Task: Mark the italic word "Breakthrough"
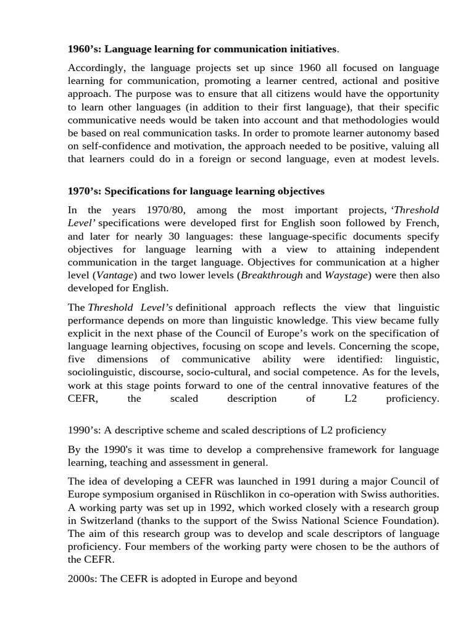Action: tap(272, 275)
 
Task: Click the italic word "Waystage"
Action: tap(346, 275)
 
